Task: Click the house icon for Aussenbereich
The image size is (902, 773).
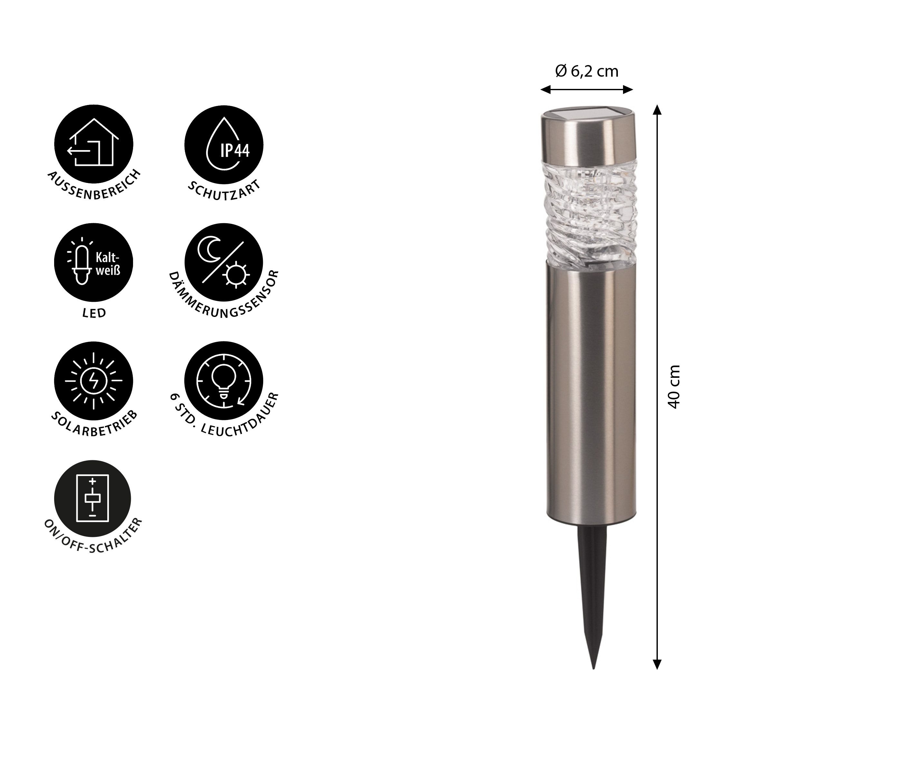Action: pos(94,144)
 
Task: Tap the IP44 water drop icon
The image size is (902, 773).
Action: pos(224,144)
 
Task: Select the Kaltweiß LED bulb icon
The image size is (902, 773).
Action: pos(94,263)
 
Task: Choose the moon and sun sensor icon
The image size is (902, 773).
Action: pos(224,263)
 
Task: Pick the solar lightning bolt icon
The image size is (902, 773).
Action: pos(94,381)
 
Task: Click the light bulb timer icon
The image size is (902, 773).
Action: pos(224,381)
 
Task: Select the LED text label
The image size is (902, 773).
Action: pos(94,313)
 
